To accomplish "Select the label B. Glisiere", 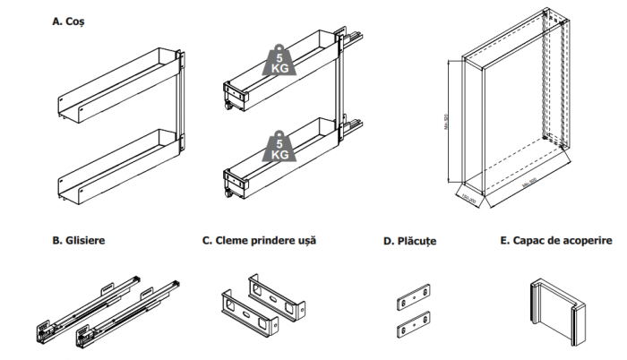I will coord(79,241).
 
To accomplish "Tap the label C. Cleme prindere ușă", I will coord(259,241).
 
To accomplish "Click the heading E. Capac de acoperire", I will coord(555,241).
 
